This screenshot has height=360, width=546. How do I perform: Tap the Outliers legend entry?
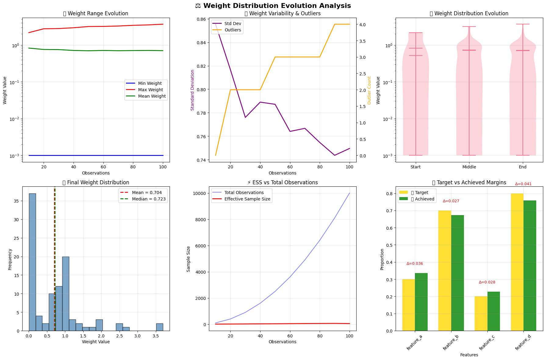232,30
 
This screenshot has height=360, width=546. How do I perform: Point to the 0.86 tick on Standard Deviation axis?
201,19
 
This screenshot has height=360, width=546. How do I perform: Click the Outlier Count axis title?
369,90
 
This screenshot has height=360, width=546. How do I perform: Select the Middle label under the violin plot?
469,167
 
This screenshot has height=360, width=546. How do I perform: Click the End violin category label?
523,167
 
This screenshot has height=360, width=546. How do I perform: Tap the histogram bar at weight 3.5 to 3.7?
160,327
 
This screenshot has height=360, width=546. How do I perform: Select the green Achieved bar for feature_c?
494,311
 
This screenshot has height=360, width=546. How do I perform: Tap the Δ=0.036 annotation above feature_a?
415,264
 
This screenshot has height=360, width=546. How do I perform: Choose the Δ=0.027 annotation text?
451,201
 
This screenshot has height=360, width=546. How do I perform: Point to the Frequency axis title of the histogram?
10,259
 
